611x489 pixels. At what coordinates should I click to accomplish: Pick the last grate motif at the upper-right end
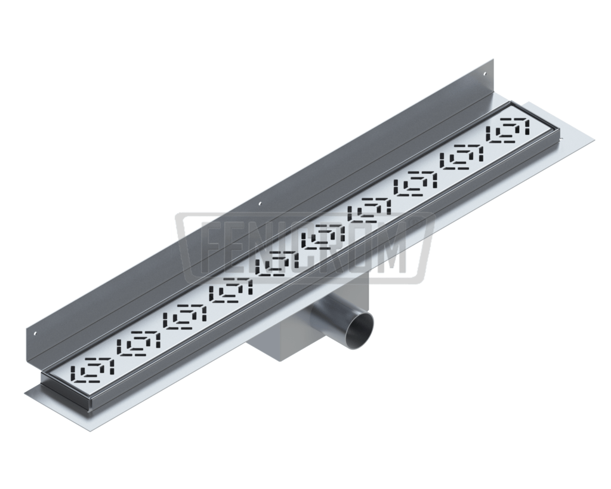508,130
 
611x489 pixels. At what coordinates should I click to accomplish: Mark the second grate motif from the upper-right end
461,156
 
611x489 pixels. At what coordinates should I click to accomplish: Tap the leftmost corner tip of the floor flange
25,393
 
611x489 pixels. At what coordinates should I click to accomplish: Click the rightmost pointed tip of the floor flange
594,143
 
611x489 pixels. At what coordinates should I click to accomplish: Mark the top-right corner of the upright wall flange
493,60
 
